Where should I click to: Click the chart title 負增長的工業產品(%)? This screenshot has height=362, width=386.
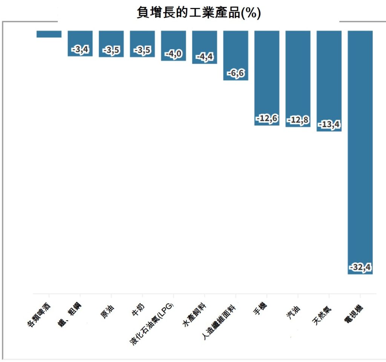pyautogui.click(x=199, y=12)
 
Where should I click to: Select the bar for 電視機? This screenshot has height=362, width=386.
pyautogui.click(x=360, y=151)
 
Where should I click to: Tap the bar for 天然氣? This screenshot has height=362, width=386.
pyautogui.click(x=329, y=79)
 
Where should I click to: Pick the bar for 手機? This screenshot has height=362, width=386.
pyautogui.click(x=267, y=75)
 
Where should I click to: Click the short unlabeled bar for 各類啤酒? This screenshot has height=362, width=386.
pyautogui.click(x=49, y=34)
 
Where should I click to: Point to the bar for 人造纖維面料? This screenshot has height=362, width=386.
pyautogui.click(x=236, y=53)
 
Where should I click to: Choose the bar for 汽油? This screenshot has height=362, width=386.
pyautogui.click(x=298, y=75)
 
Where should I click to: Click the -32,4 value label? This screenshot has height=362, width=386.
pyautogui.click(x=360, y=267)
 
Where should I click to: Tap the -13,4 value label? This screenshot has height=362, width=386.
pyautogui.click(x=329, y=124)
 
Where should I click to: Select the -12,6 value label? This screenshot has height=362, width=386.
pyautogui.click(x=267, y=119)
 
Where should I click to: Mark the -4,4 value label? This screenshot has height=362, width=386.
pyautogui.click(x=205, y=57)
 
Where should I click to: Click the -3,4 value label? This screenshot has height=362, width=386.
pyautogui.click(x=80, y=49)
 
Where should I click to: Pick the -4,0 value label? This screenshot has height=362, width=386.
pyautogui.click(x=173, y=54)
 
